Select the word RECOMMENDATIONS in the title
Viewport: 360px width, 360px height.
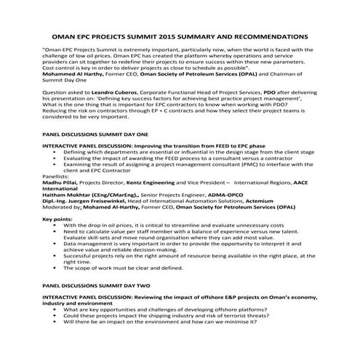[x=267, y=35]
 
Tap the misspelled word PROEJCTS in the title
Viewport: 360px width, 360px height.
[x=113, y=35]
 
